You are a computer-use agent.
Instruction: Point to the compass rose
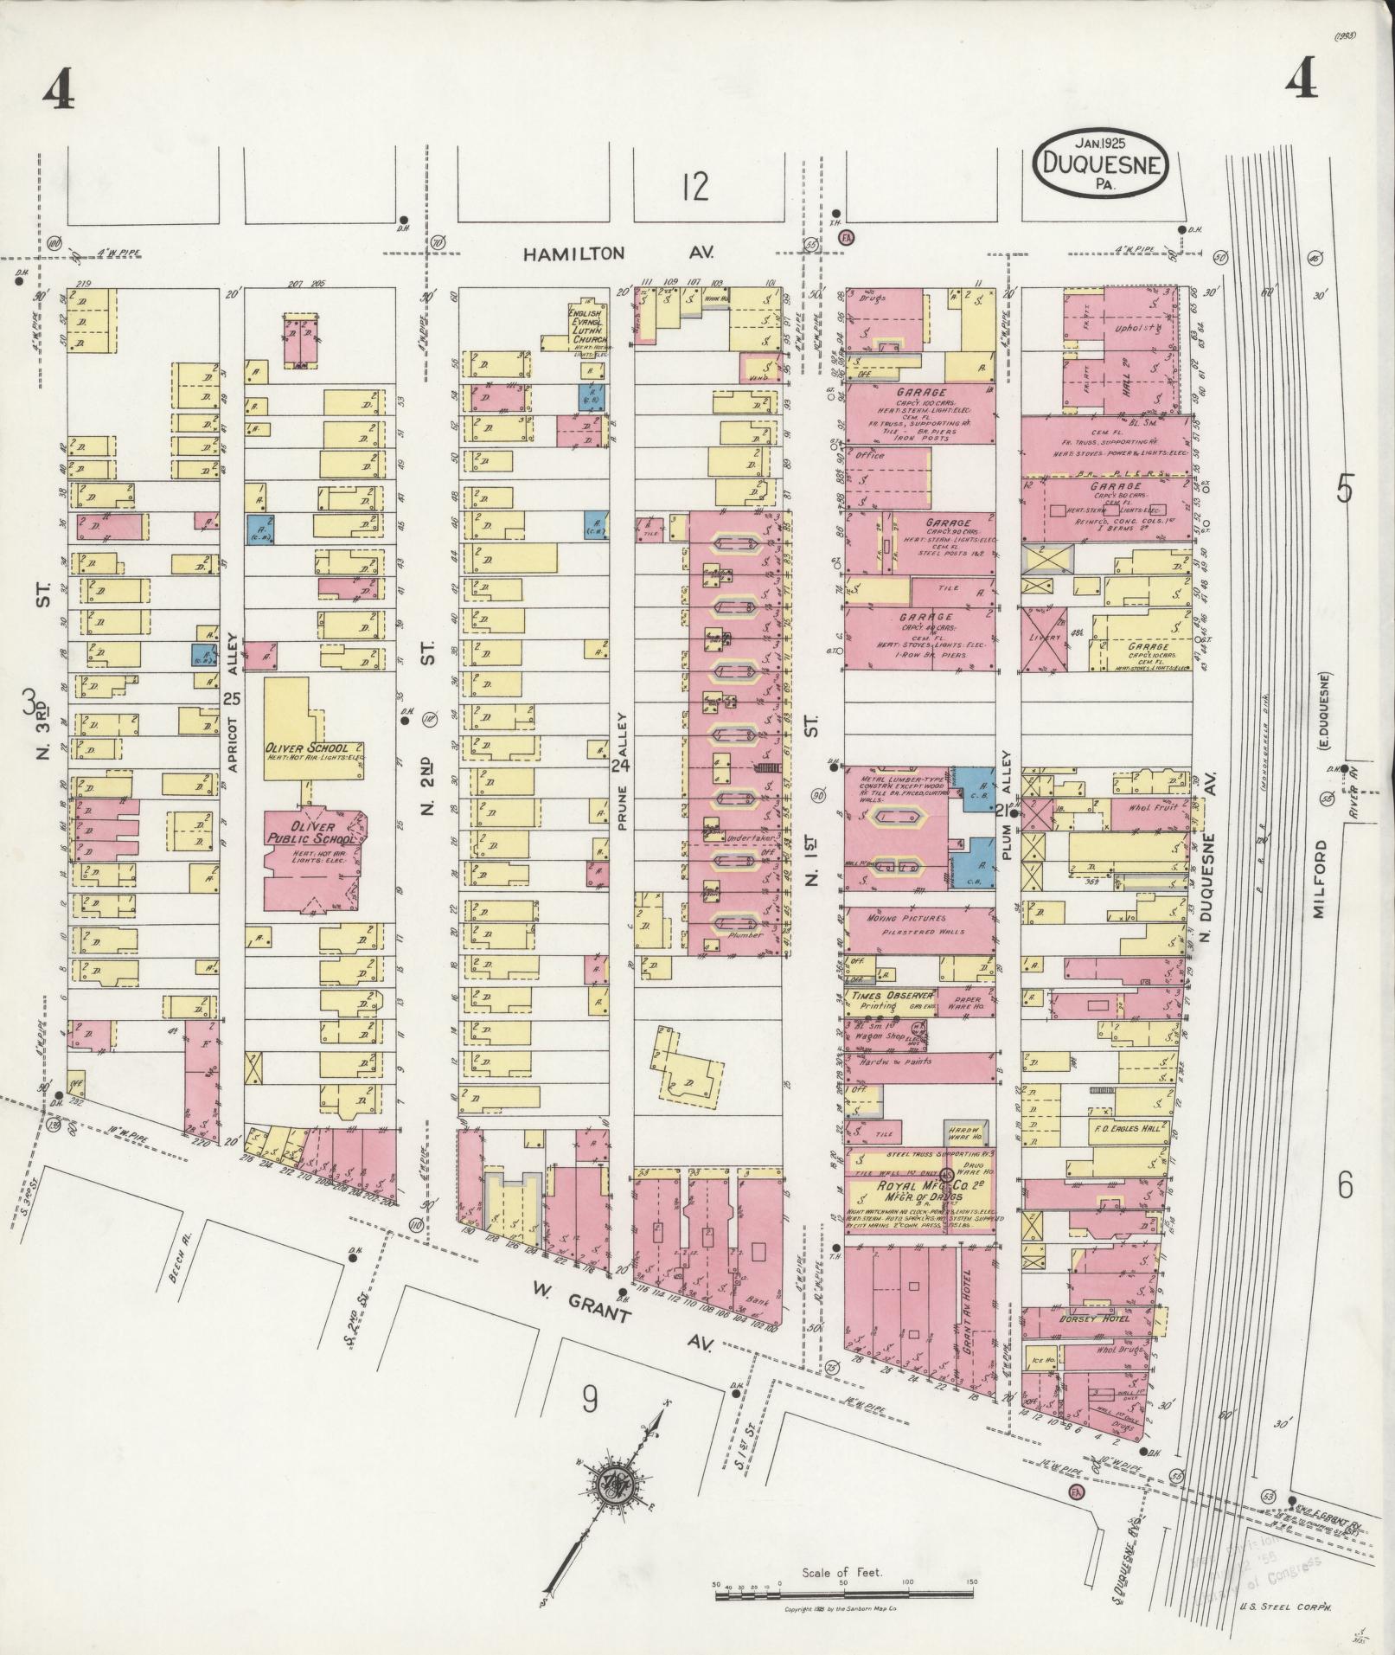pos(620,1483)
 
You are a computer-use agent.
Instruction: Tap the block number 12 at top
pos(694,186)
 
